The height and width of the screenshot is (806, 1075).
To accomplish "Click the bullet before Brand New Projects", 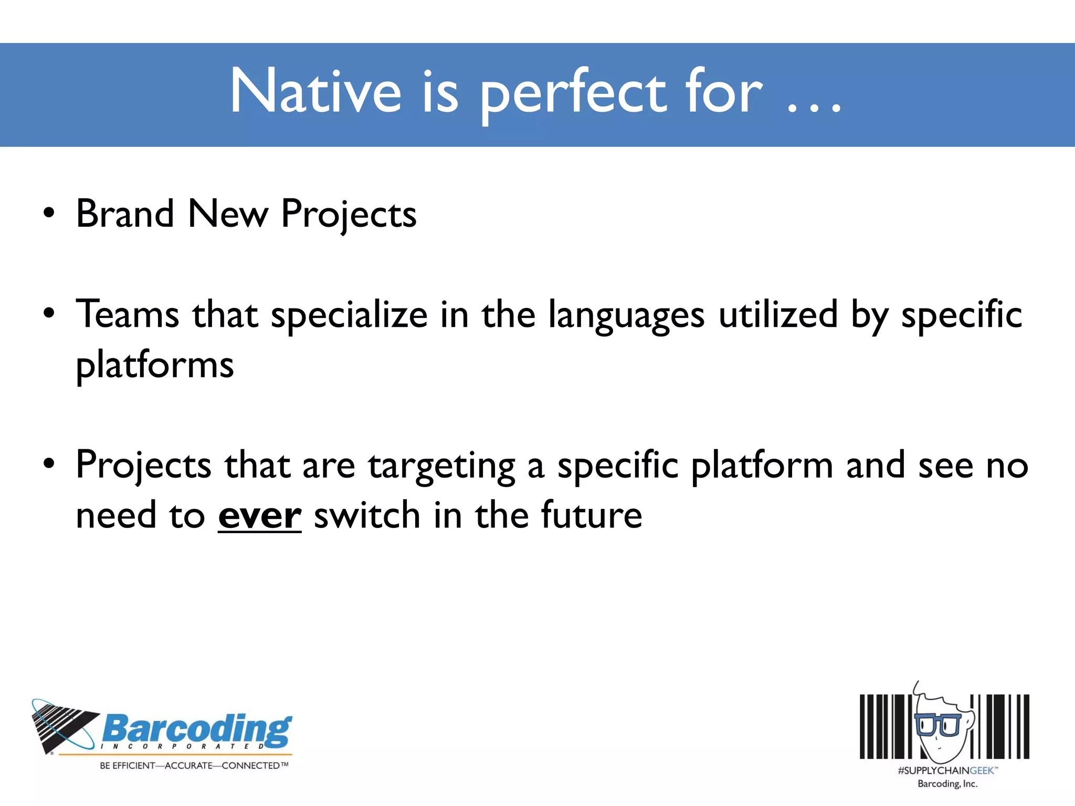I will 49,214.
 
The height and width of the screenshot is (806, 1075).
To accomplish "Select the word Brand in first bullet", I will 125,214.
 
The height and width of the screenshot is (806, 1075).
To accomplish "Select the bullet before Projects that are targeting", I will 49,464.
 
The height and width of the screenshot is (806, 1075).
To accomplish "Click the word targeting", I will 441,466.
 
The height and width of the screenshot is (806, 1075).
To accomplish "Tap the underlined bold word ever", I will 259,516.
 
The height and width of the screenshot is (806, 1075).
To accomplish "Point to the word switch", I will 367,515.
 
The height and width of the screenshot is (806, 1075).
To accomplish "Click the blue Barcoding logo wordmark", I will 197,729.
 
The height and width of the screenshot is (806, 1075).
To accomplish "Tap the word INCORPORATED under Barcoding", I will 182,746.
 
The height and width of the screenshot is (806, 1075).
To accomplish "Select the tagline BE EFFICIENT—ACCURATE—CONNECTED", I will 194,766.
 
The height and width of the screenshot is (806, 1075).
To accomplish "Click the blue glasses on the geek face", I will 938,725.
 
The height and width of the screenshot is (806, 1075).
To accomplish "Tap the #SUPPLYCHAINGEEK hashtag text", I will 946,770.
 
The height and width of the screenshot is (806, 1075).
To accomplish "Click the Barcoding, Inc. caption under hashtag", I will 947,784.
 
